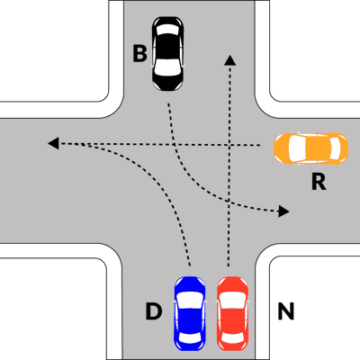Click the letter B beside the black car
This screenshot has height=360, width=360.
click(139, 54)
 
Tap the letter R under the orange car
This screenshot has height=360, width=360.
click(319, 182)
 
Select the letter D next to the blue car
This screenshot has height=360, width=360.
click(154, 311)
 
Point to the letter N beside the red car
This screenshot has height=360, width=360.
click(285, 311)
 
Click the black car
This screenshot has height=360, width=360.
click(168, 54)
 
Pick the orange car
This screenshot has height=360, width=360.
click(310, 148)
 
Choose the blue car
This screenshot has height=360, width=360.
click(190, 313)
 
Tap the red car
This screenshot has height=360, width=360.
click(232, 313)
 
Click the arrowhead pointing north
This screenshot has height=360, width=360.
click(230, 60)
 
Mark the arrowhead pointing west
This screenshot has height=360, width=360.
click(53, 143)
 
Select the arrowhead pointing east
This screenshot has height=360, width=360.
click(283, 211)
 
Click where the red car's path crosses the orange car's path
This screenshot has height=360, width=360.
click(230, 145)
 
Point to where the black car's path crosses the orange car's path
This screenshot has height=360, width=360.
click(175, 145)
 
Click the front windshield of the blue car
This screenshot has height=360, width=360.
click(190, 300)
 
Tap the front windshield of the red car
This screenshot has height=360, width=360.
click(232, 300)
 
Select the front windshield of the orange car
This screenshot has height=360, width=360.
click(296, 148)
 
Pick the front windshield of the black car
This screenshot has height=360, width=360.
click(168, 67)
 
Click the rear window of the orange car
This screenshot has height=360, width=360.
click(336, 148)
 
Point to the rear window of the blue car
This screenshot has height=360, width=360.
click(190, 337)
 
